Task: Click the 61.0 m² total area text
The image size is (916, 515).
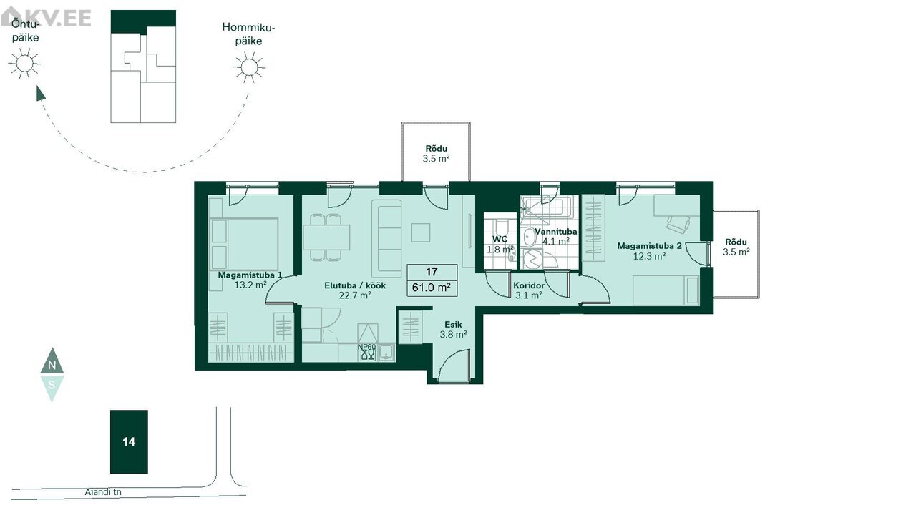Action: [x=432, y=288]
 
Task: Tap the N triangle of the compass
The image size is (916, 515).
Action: [x=52, y=361]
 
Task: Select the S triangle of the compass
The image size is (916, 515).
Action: [x=52, y=388]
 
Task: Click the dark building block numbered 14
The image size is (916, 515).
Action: [x=129, y=442]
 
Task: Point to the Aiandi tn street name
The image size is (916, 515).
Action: [x=103, y=491]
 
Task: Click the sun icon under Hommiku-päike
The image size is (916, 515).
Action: [x=249, y=67]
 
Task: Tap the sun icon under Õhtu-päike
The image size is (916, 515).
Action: [x=24, y=64]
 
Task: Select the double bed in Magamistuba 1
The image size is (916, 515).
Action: [x=244, y=244]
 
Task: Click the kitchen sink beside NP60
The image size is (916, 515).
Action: [x=386, y=353]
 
